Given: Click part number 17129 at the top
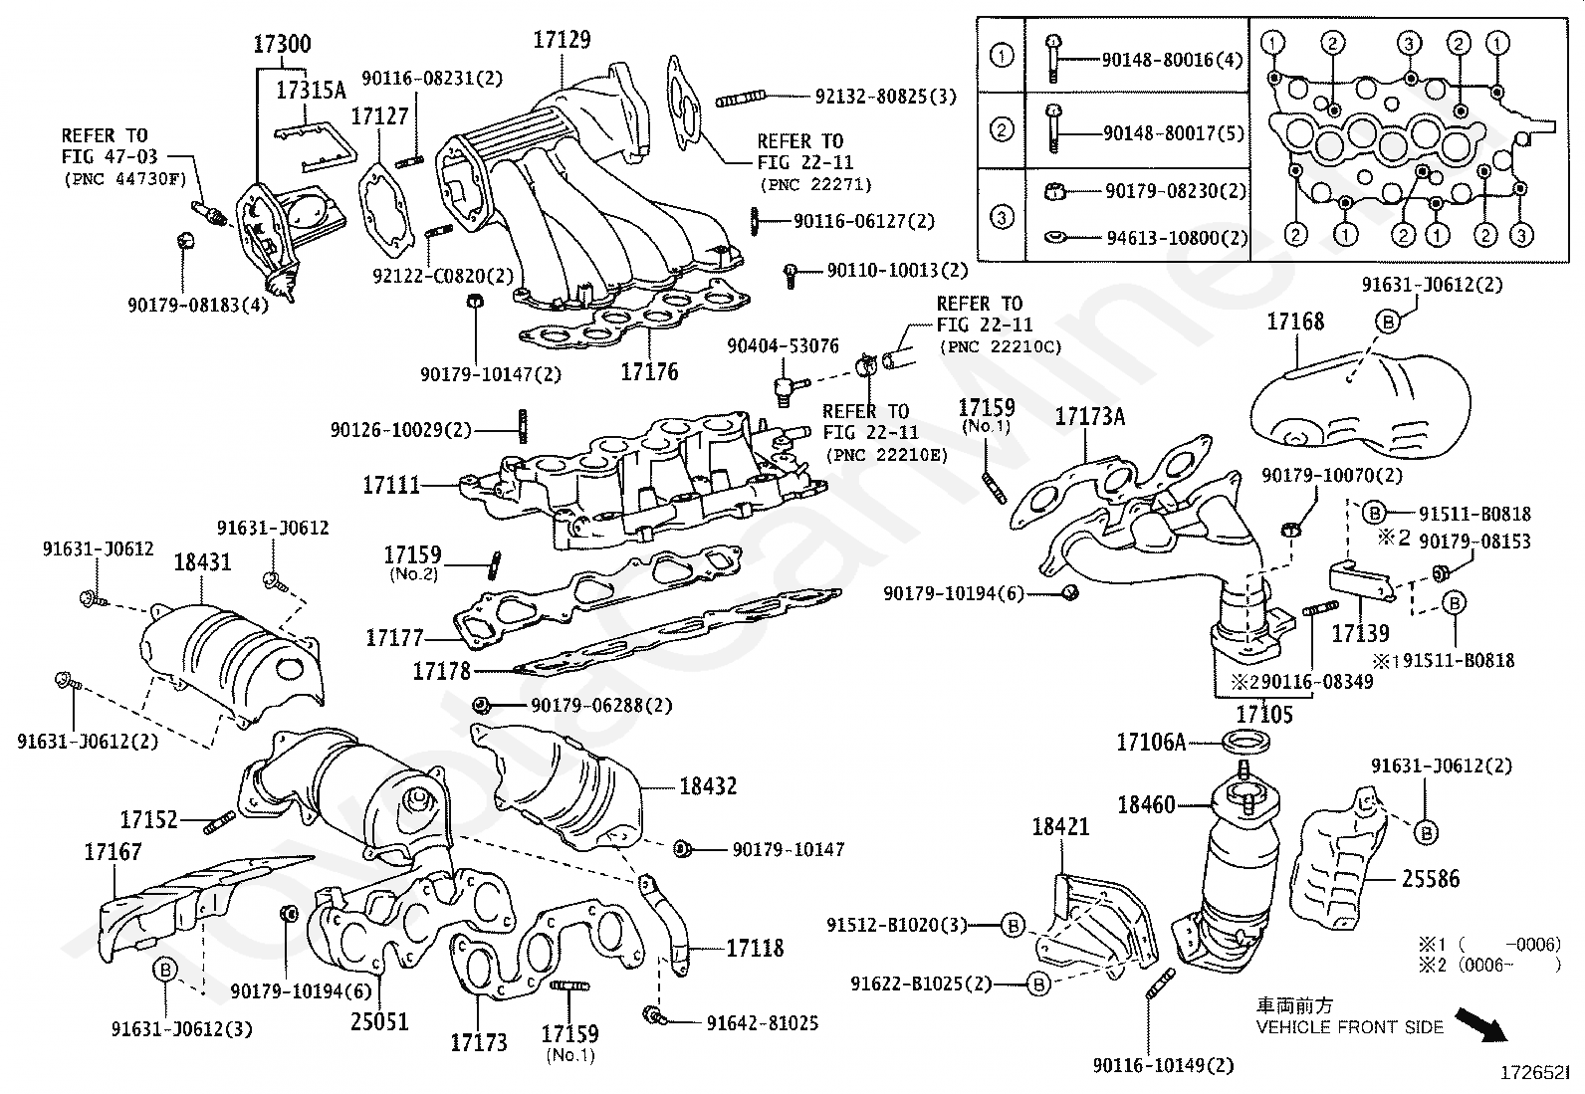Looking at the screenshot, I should click(562, 40).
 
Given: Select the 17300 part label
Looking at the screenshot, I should click(282, 44).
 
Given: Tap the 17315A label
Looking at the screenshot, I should click(311, 91).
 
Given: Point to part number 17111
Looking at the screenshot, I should click(391, 486).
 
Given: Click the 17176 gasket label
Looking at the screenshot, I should click(649, 372).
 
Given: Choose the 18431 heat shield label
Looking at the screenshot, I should click(202, 562).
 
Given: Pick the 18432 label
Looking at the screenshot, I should click(708, 786).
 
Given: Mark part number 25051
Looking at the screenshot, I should click(379, 1022).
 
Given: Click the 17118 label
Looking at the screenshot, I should click(755, 949).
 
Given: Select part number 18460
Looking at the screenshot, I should click(1146, 804).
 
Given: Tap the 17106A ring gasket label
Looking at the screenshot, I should click(1151, 742).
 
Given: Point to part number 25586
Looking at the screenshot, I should click(1430, 879).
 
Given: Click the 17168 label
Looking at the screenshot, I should click(1295, 322).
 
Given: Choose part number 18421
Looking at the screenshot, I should click(1060, 827).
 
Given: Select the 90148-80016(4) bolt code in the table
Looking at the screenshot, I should click(1172, 60).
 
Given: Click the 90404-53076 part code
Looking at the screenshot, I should click(783, 345).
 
